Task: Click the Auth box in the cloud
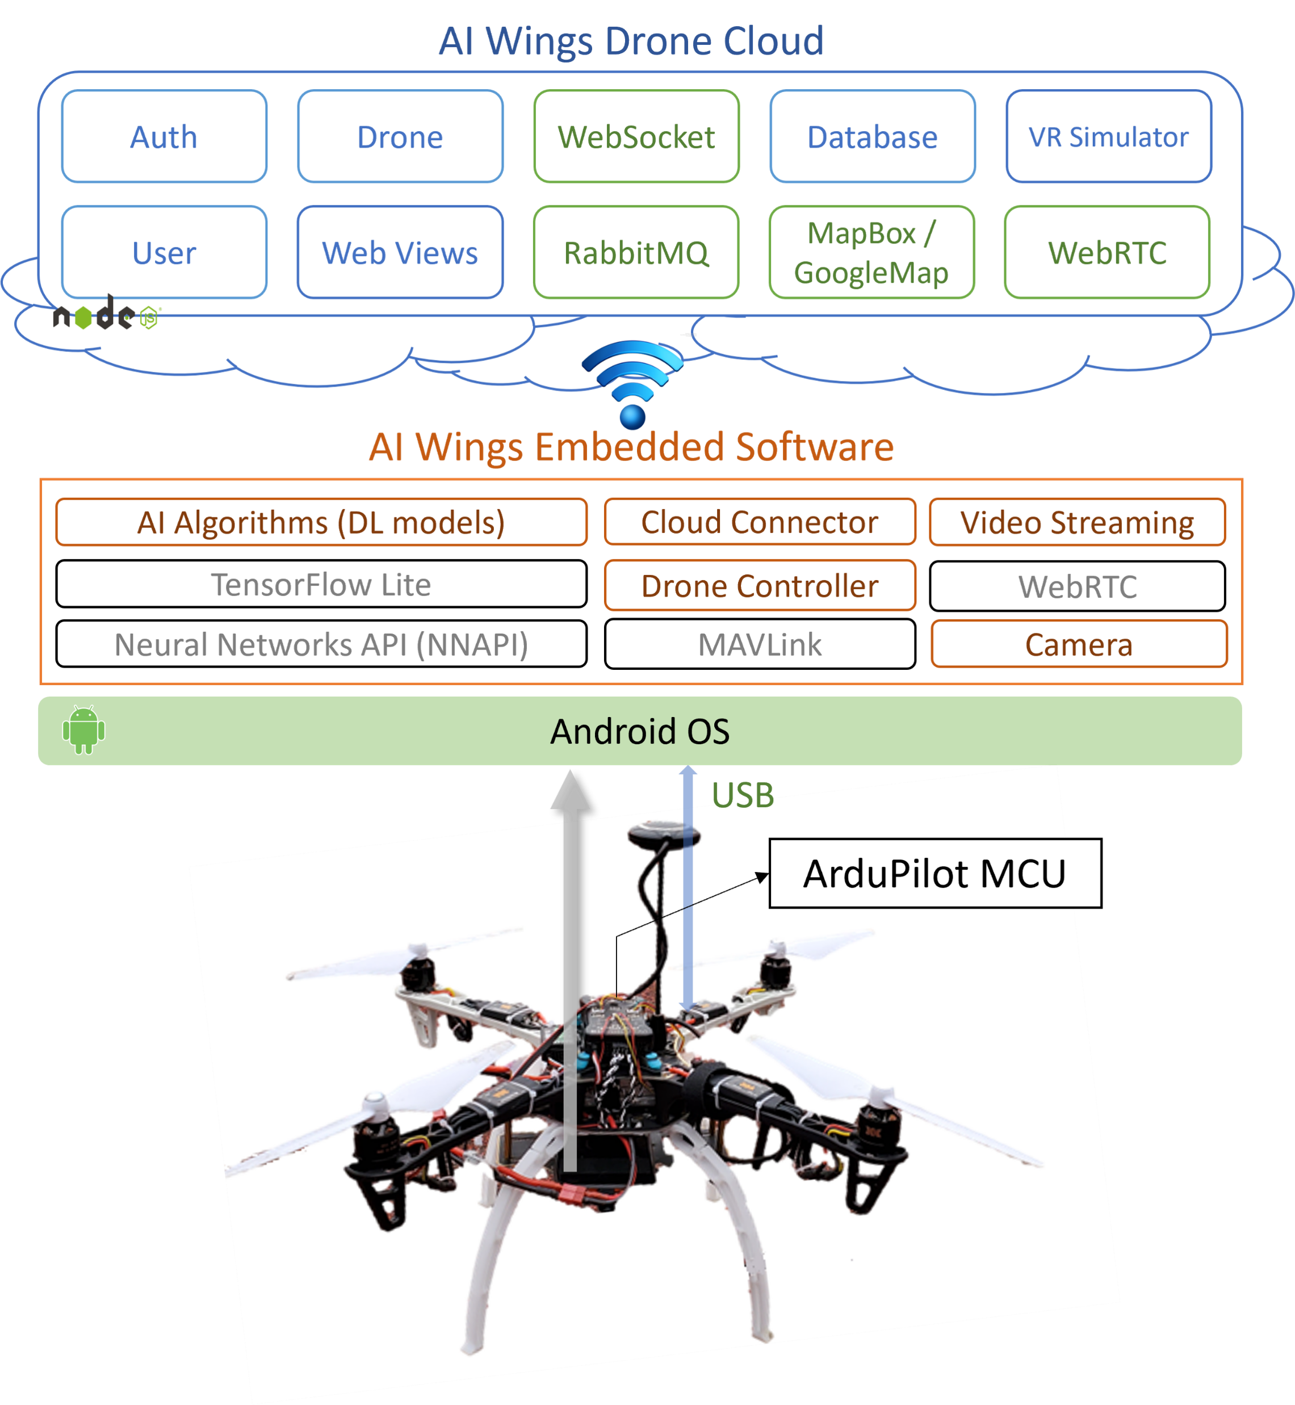click(x=164, y=137)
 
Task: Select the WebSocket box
click(x=636, y=137)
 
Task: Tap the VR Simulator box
click(x=1109, y=137)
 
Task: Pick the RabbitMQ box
click(x=636, y=252)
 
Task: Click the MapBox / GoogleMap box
click(x=871, y=252)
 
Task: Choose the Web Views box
click(x=400, y=252)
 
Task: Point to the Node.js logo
click(x=105, y=315)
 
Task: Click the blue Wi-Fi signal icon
click(x=633, y=383)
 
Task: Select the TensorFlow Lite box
click(x=321, y=584)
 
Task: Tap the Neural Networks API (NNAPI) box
click(x=321, y=644)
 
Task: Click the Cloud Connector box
click(x=760, y=522)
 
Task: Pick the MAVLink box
click(x=760, y=644)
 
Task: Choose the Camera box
click(x=1079, y=644)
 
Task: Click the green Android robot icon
click(x=83, y=729)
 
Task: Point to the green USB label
click(x=743, y=795)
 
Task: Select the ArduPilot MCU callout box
click(x=934, y=873)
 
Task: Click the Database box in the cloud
click(x=873, y=137)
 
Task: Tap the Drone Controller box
click(x=760, y=585)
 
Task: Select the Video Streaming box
click(x=1077, y=522)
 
